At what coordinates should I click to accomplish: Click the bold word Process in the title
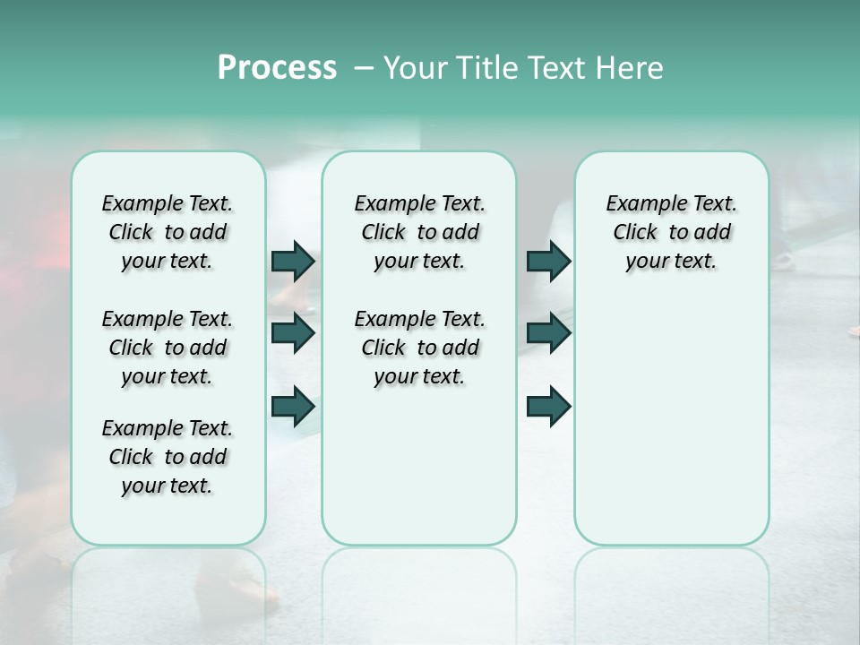click(277, 67)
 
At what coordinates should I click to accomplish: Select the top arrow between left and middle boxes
click(293, 261)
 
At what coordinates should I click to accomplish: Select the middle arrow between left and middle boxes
click(293, 333)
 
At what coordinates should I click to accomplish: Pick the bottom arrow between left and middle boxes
click(293, 406)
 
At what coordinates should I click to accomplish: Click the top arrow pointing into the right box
click(548, 261)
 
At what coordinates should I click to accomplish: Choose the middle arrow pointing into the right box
click(548, 333)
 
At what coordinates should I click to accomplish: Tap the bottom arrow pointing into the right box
click(548, 406)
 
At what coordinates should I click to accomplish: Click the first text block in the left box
click(168, 232)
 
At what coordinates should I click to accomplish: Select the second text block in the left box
click(168, 348)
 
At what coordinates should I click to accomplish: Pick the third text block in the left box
click(168, 457)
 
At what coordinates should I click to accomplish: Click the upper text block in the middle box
click(419, 232)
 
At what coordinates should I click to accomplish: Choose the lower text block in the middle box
click(419, 348)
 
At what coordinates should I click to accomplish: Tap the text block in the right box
click(671, 232)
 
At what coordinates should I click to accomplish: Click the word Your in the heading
click(414, 68)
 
